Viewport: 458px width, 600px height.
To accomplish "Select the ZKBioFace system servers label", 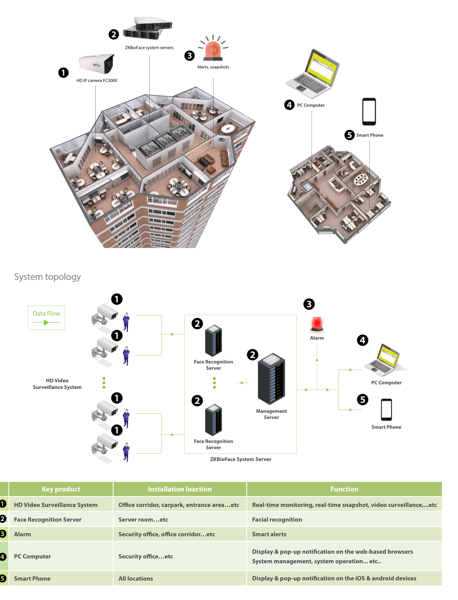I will [x=149, y=48].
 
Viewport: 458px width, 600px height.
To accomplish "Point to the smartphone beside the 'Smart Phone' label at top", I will [x=369, y=112].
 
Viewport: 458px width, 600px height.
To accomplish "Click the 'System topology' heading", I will [x=48, y=277].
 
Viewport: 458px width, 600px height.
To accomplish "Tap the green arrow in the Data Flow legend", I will [x=46, y=323].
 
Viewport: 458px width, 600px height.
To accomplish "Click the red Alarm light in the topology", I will [x=317, y=324].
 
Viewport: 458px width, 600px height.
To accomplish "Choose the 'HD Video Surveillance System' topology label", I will [x=57, y=384].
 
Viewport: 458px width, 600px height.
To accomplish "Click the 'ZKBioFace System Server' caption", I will [x=240, y=459].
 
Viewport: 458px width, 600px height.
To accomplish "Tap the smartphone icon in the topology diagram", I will [x=386, y=409].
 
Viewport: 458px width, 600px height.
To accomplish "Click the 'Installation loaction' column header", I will [x=180, y=489].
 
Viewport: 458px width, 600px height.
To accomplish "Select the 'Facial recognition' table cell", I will [x=277, y=520].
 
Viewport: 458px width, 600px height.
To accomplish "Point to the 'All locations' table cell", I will [x=136, y=579].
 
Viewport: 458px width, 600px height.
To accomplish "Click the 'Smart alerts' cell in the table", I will [x=269, y=534].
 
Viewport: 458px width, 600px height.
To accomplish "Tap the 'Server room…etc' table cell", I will [x=143, y=520].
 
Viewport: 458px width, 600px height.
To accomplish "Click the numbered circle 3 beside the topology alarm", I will [x=309, y=304].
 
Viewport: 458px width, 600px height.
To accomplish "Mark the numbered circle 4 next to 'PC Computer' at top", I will [x=289, y=105].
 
